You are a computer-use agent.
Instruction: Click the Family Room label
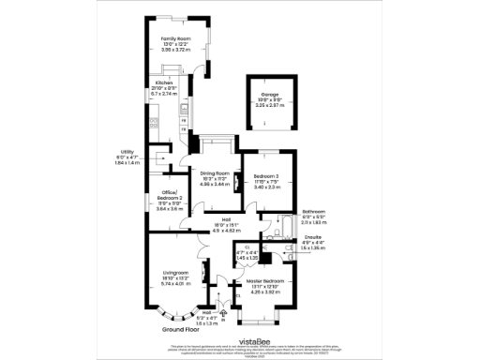pyautogui.click(x=175, y=39)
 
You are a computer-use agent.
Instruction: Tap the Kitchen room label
pyautogui.click(x=164, y=83)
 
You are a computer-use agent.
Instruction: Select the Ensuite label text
pyautogui.click(x=313, y=238)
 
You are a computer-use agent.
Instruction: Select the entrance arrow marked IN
pyautogui.click(x=222, y=316)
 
